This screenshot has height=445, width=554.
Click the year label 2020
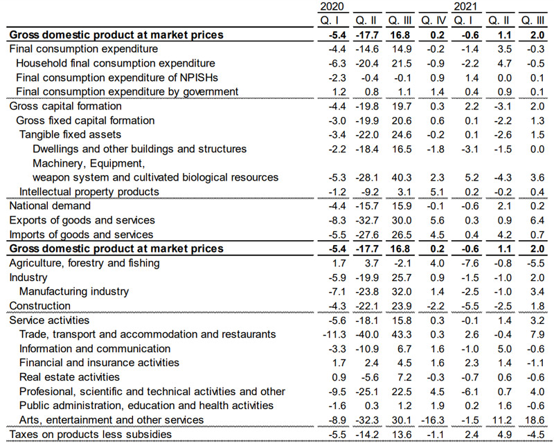pyautogui.click(x=332, y=6)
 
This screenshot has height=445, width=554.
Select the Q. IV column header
pyautogui.click(x=433, y=20)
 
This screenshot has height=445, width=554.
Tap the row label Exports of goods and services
pyautogui.click(x=82, y=220)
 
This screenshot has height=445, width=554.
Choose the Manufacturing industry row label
pyautogui.click(x=74, y=291)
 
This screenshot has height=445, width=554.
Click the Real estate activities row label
pyautogui.click(x=69, y=377)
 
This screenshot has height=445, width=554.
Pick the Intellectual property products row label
pyautogui.click(x=89, y=191)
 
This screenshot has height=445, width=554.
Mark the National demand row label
pyautogui.click(x=50, y=206)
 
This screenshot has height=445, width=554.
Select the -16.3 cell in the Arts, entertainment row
pyautogui.click(x=433, y=420)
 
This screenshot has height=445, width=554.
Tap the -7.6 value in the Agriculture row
pyautogui.click(x=466, y=263)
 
